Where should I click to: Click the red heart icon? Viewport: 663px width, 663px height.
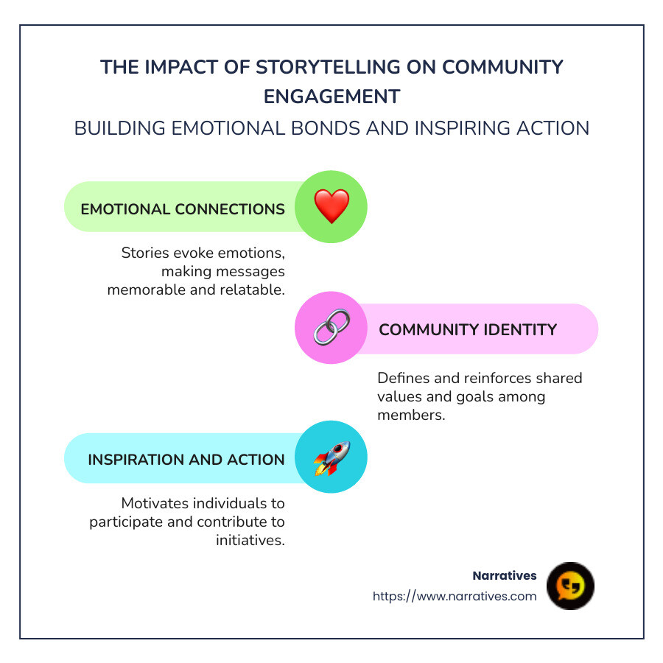331,207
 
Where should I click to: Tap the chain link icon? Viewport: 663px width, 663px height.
331,328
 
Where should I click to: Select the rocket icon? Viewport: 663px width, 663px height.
331,457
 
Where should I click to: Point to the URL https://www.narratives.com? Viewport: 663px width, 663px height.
455,596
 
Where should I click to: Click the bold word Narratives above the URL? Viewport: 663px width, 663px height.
505,575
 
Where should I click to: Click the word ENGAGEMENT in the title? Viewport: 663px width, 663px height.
331,97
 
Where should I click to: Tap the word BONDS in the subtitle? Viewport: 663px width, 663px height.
330,127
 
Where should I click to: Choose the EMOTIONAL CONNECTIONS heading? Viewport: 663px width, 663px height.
183,208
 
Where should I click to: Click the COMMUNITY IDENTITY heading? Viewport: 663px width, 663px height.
468,329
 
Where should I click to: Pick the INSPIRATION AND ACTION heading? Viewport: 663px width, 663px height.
186,459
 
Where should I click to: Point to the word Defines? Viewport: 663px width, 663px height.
403,378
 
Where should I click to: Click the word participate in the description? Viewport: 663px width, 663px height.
122,522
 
